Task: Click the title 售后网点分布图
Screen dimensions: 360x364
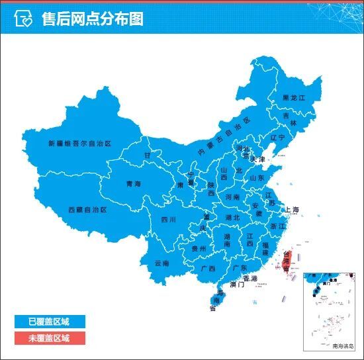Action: pos(92,19)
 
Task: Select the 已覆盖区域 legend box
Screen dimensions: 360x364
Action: pos(48,322)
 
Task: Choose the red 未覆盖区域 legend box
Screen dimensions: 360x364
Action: pos(48,338)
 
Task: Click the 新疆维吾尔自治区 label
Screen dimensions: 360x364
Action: pos(79,143)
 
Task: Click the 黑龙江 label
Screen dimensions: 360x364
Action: pos(295,98)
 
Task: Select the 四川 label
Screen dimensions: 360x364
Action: pos(168,219)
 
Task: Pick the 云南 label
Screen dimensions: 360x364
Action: pos(161,263)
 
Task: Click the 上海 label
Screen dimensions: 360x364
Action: pos(293,210)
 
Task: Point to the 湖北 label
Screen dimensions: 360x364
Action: pos(232,217)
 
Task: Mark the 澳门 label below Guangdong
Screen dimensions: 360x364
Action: pos(237,285)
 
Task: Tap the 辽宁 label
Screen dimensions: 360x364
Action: pos(277,138)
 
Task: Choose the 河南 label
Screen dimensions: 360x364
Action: pos(232,197)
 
